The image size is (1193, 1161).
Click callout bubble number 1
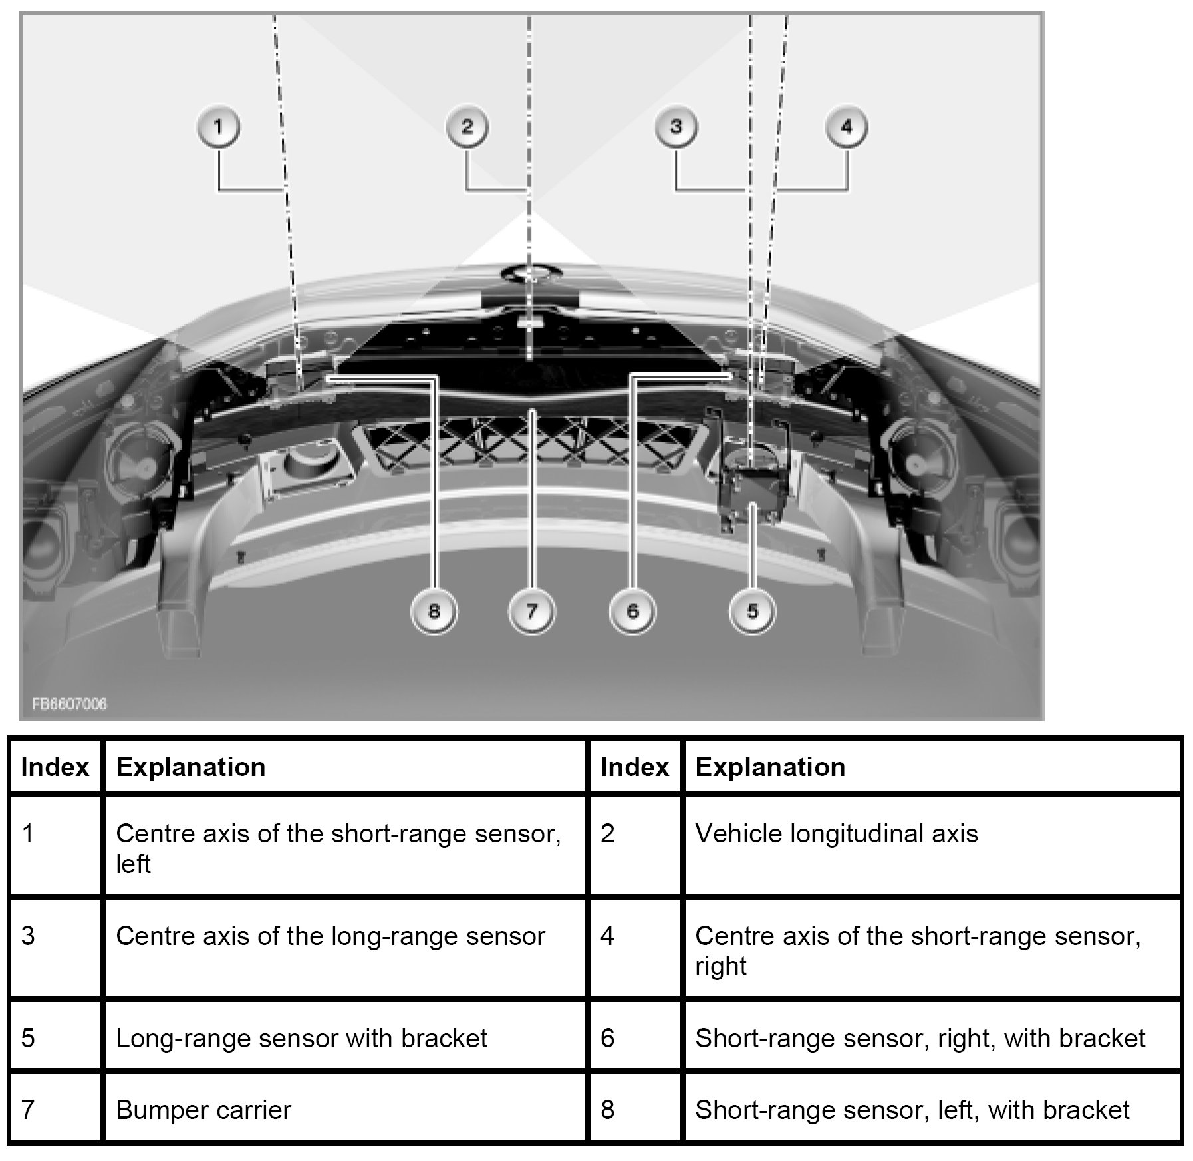coord(219,127)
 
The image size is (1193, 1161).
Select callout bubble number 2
coord(467,127)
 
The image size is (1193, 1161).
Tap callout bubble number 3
coord(676,127)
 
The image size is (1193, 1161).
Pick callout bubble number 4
coord(846,127)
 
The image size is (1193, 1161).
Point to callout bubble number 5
coord(752,611)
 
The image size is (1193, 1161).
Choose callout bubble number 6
coord(632,611)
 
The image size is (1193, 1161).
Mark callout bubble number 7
coord(531,611)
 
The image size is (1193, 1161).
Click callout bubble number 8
coord(434,611)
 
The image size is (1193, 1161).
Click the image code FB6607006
coord(69,704)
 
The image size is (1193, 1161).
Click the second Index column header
coord(634,767)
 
